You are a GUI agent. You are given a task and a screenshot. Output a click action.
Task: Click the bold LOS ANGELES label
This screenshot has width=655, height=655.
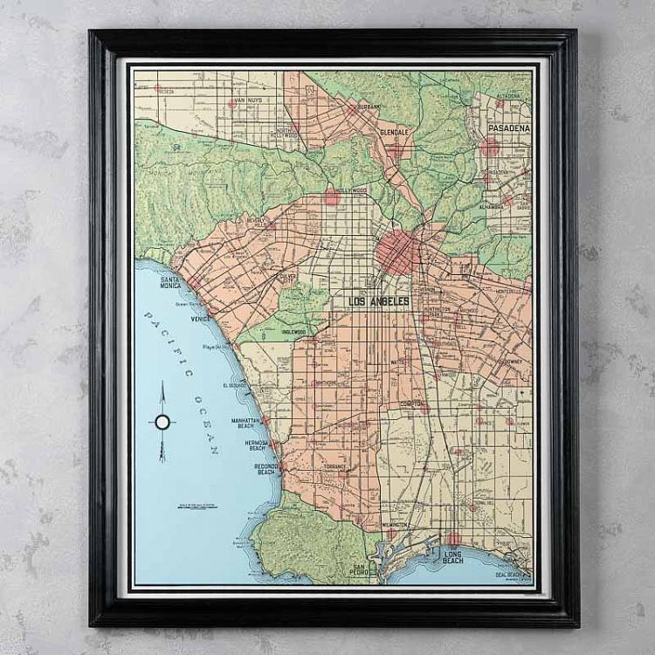tap(379, 301)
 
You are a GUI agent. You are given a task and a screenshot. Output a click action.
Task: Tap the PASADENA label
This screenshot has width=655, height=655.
tap(509, 128)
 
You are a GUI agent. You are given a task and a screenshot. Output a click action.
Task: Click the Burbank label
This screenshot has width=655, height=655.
tap(369, 106)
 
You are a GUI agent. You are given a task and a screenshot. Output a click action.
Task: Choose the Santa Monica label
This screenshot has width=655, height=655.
tap(170, 281)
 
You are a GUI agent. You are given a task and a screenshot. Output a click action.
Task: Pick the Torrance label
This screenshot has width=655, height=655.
tap(334, 466)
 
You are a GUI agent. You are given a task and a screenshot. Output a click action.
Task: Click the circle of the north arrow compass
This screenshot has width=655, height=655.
tap(162, 422)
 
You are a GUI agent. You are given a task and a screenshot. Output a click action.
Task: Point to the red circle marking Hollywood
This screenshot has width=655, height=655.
tap(332, 197)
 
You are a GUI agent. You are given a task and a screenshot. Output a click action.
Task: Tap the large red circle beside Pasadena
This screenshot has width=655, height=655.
tap(490, 146)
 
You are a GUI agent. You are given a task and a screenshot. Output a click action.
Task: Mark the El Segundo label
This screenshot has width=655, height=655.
tap(237, 385)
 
